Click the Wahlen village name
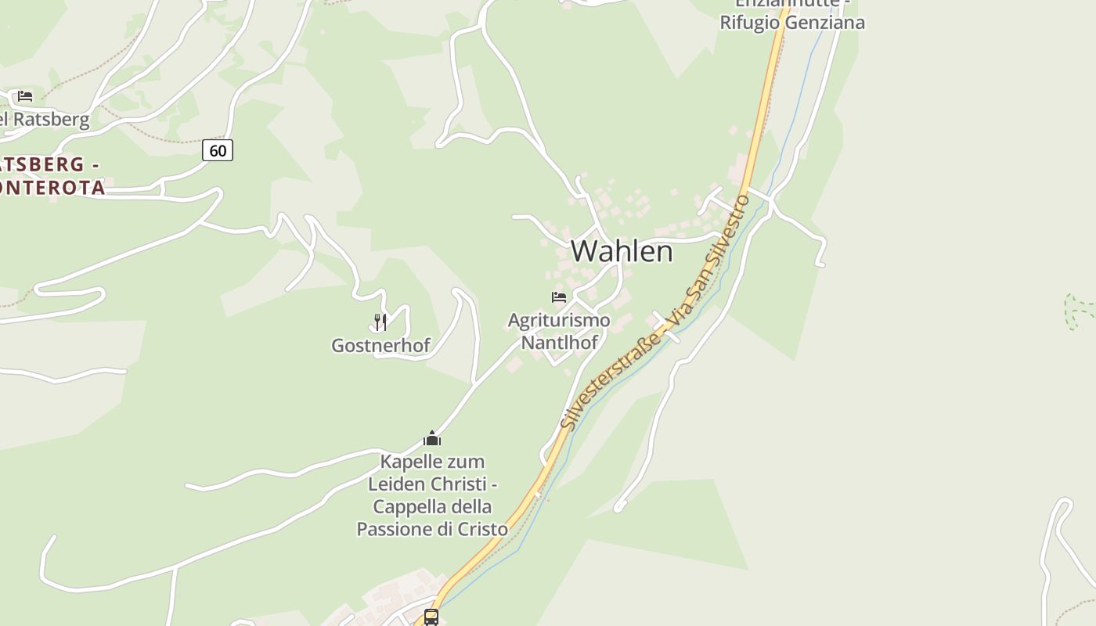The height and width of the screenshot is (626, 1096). click(622, 251)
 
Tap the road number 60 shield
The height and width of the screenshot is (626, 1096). click(218, 149)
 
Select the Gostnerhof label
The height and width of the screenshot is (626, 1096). click(380, 345)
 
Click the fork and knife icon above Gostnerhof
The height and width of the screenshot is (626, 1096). click(380, 322)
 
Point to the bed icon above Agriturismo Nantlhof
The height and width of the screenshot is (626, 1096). click(558, 297)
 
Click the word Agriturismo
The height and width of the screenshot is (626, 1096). click(558, 320)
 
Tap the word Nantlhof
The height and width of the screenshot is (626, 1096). click(559, 342)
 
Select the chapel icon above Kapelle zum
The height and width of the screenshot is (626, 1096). click(432, 438)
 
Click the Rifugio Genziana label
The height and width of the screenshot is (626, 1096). click(792, 22)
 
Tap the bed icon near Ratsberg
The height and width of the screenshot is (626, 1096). click(25, 96)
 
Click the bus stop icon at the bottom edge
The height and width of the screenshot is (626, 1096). click(431, 617)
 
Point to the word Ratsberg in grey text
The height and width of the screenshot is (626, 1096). click(52, 120)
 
